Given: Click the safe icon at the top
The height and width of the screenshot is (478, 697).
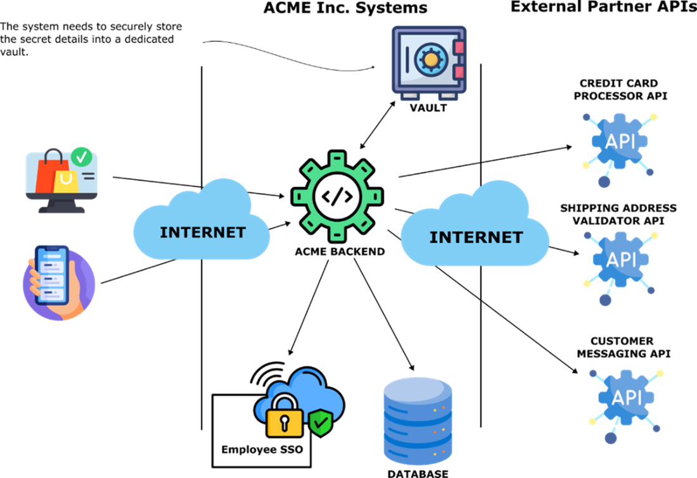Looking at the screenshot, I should tap(428, 62).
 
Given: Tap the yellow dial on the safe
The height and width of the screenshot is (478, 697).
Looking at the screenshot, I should tap(430, 60).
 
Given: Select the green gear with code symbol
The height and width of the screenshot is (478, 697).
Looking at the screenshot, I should tap(337, 196).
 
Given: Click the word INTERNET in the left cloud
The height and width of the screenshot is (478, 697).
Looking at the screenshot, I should tap(202, 232).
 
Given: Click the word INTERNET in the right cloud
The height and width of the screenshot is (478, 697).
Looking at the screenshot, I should tap(476, 237).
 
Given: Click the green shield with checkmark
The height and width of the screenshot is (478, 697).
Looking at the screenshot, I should tap(321, 422).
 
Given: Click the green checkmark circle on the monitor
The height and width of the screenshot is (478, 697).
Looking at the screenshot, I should tap(81, 155).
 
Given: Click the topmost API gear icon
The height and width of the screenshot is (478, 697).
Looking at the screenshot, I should tap(619, 143).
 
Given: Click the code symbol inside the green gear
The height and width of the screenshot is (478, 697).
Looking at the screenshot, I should tap(337, 197).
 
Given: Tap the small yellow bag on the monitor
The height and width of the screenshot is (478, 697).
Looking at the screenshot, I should tap(66, 181).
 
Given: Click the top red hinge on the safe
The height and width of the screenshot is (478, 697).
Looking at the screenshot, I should tap(459, 47).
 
